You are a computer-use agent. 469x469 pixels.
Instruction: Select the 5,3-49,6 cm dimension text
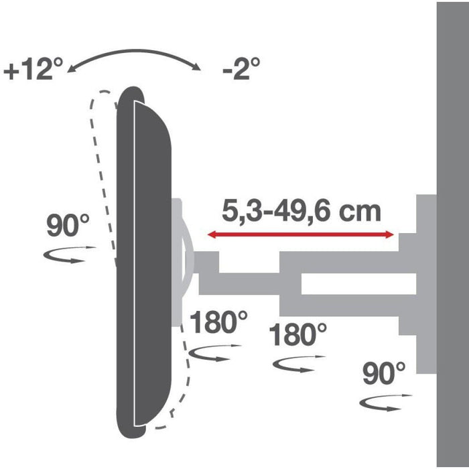(x=301, y=212)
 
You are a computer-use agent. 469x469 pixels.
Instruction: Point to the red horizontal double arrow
(x=300, y=234)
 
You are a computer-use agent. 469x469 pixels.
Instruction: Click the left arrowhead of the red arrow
(x=210, y=234)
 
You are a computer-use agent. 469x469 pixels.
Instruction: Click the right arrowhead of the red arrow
(x=390, y=234)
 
